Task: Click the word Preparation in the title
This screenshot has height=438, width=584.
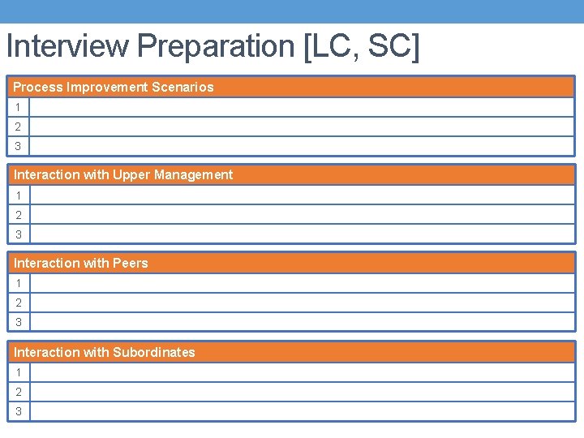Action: (x=217, y=46)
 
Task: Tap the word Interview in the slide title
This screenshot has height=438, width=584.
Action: (x=67, y=46)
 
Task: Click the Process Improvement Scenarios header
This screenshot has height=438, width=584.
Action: (x=114, y=87)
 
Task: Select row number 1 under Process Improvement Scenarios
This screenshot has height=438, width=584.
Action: (x=17, y=107)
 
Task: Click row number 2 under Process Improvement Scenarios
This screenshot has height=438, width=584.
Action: (x=17, y=127)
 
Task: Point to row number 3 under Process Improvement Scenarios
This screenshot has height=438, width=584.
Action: (x=17, y=146)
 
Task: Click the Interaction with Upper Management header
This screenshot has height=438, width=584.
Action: (x=123, y=174)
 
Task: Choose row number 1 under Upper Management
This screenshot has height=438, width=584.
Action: (x=17, y=195)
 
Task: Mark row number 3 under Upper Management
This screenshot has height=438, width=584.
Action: (x=17, y=234)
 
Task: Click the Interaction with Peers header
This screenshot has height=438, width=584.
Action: (x=81, y=263)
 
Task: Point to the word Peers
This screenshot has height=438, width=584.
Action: (x=131, y=263)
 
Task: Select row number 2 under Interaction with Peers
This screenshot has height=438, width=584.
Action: (x=17, y=303)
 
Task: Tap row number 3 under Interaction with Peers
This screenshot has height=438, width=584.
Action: (x=17, y=322)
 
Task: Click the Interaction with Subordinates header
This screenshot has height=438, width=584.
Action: (x=105, y=352)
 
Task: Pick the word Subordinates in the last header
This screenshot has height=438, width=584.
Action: (x=154, y=352)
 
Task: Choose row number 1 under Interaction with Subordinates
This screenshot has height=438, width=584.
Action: (x=17, y=372)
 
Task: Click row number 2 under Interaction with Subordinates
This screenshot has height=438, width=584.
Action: (x=17, y=392)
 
